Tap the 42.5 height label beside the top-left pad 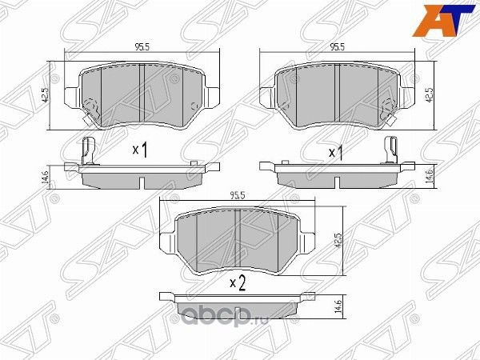(49, 94)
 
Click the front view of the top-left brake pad (141, 94)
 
